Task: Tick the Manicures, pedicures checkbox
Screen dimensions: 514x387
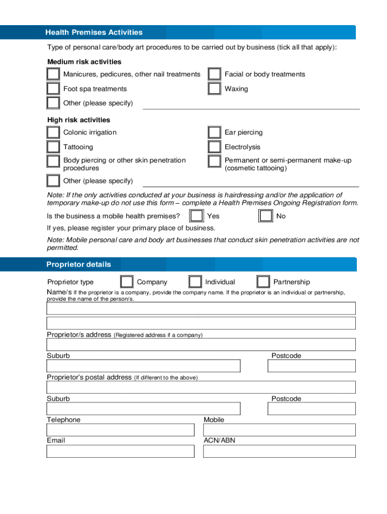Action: [x=53, y=74]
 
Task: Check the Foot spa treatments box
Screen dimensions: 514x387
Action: [x=53, y=89]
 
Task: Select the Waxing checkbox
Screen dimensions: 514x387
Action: [x=215, y=89]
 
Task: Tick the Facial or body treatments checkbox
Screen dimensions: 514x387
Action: [x=215, y=74]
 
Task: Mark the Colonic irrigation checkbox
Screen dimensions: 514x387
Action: [x=53, y=133]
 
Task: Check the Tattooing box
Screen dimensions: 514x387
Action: [x=53, y=147]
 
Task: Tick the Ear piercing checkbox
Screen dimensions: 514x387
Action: [x=215, y=133]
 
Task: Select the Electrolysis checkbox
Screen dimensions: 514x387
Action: [x=215, y=147]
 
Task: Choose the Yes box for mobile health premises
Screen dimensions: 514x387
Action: [x=196, y=216]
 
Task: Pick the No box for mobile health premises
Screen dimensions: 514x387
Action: [x=265, y=216]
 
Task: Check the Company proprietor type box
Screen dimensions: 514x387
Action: [x=127, y=282]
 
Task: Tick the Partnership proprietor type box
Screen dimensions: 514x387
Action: [x=263, y=282]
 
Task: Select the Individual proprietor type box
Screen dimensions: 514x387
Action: [x=195, y=282]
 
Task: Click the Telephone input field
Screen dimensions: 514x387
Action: [x=120, y=430]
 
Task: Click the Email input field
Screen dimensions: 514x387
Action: [x=120, y=451]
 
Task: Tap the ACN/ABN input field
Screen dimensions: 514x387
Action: [x=279, y=451]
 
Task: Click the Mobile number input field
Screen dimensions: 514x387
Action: [x=279, y=430]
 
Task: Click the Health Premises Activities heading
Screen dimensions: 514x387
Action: [x=94, y=33]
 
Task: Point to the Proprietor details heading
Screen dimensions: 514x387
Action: [x=78, y=265]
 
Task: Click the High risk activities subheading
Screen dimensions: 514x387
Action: [x=78, y=120]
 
